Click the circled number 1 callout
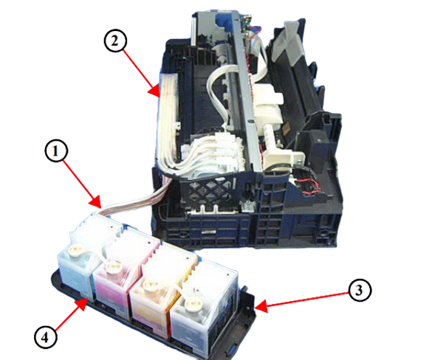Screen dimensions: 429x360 click(56, 150)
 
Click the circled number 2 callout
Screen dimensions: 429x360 click(115, 41)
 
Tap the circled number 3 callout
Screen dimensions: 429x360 click(360, 291)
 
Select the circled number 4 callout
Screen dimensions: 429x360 click(46, 337)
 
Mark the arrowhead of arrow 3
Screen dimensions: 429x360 click(260, 306)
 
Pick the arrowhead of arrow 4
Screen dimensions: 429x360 click(82, 304)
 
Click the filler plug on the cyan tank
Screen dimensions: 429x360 click(74, 249)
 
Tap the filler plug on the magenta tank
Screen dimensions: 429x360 click(111, 266)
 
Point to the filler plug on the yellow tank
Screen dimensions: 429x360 click(149, 285)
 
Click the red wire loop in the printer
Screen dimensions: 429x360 click(312, 185)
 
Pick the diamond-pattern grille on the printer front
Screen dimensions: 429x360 click(208, 191)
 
